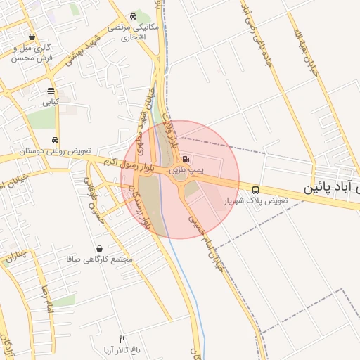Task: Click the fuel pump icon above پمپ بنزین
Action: (x=185, y=160)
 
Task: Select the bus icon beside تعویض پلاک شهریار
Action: (x=255, y=189)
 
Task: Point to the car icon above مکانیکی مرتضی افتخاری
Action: (x=134, y=17)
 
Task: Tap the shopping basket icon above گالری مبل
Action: (x=32, y=37)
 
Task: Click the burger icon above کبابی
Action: (x=51, y=91)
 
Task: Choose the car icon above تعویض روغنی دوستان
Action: (x=56, y=139)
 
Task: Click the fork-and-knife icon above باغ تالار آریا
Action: (x=122, y=339)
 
